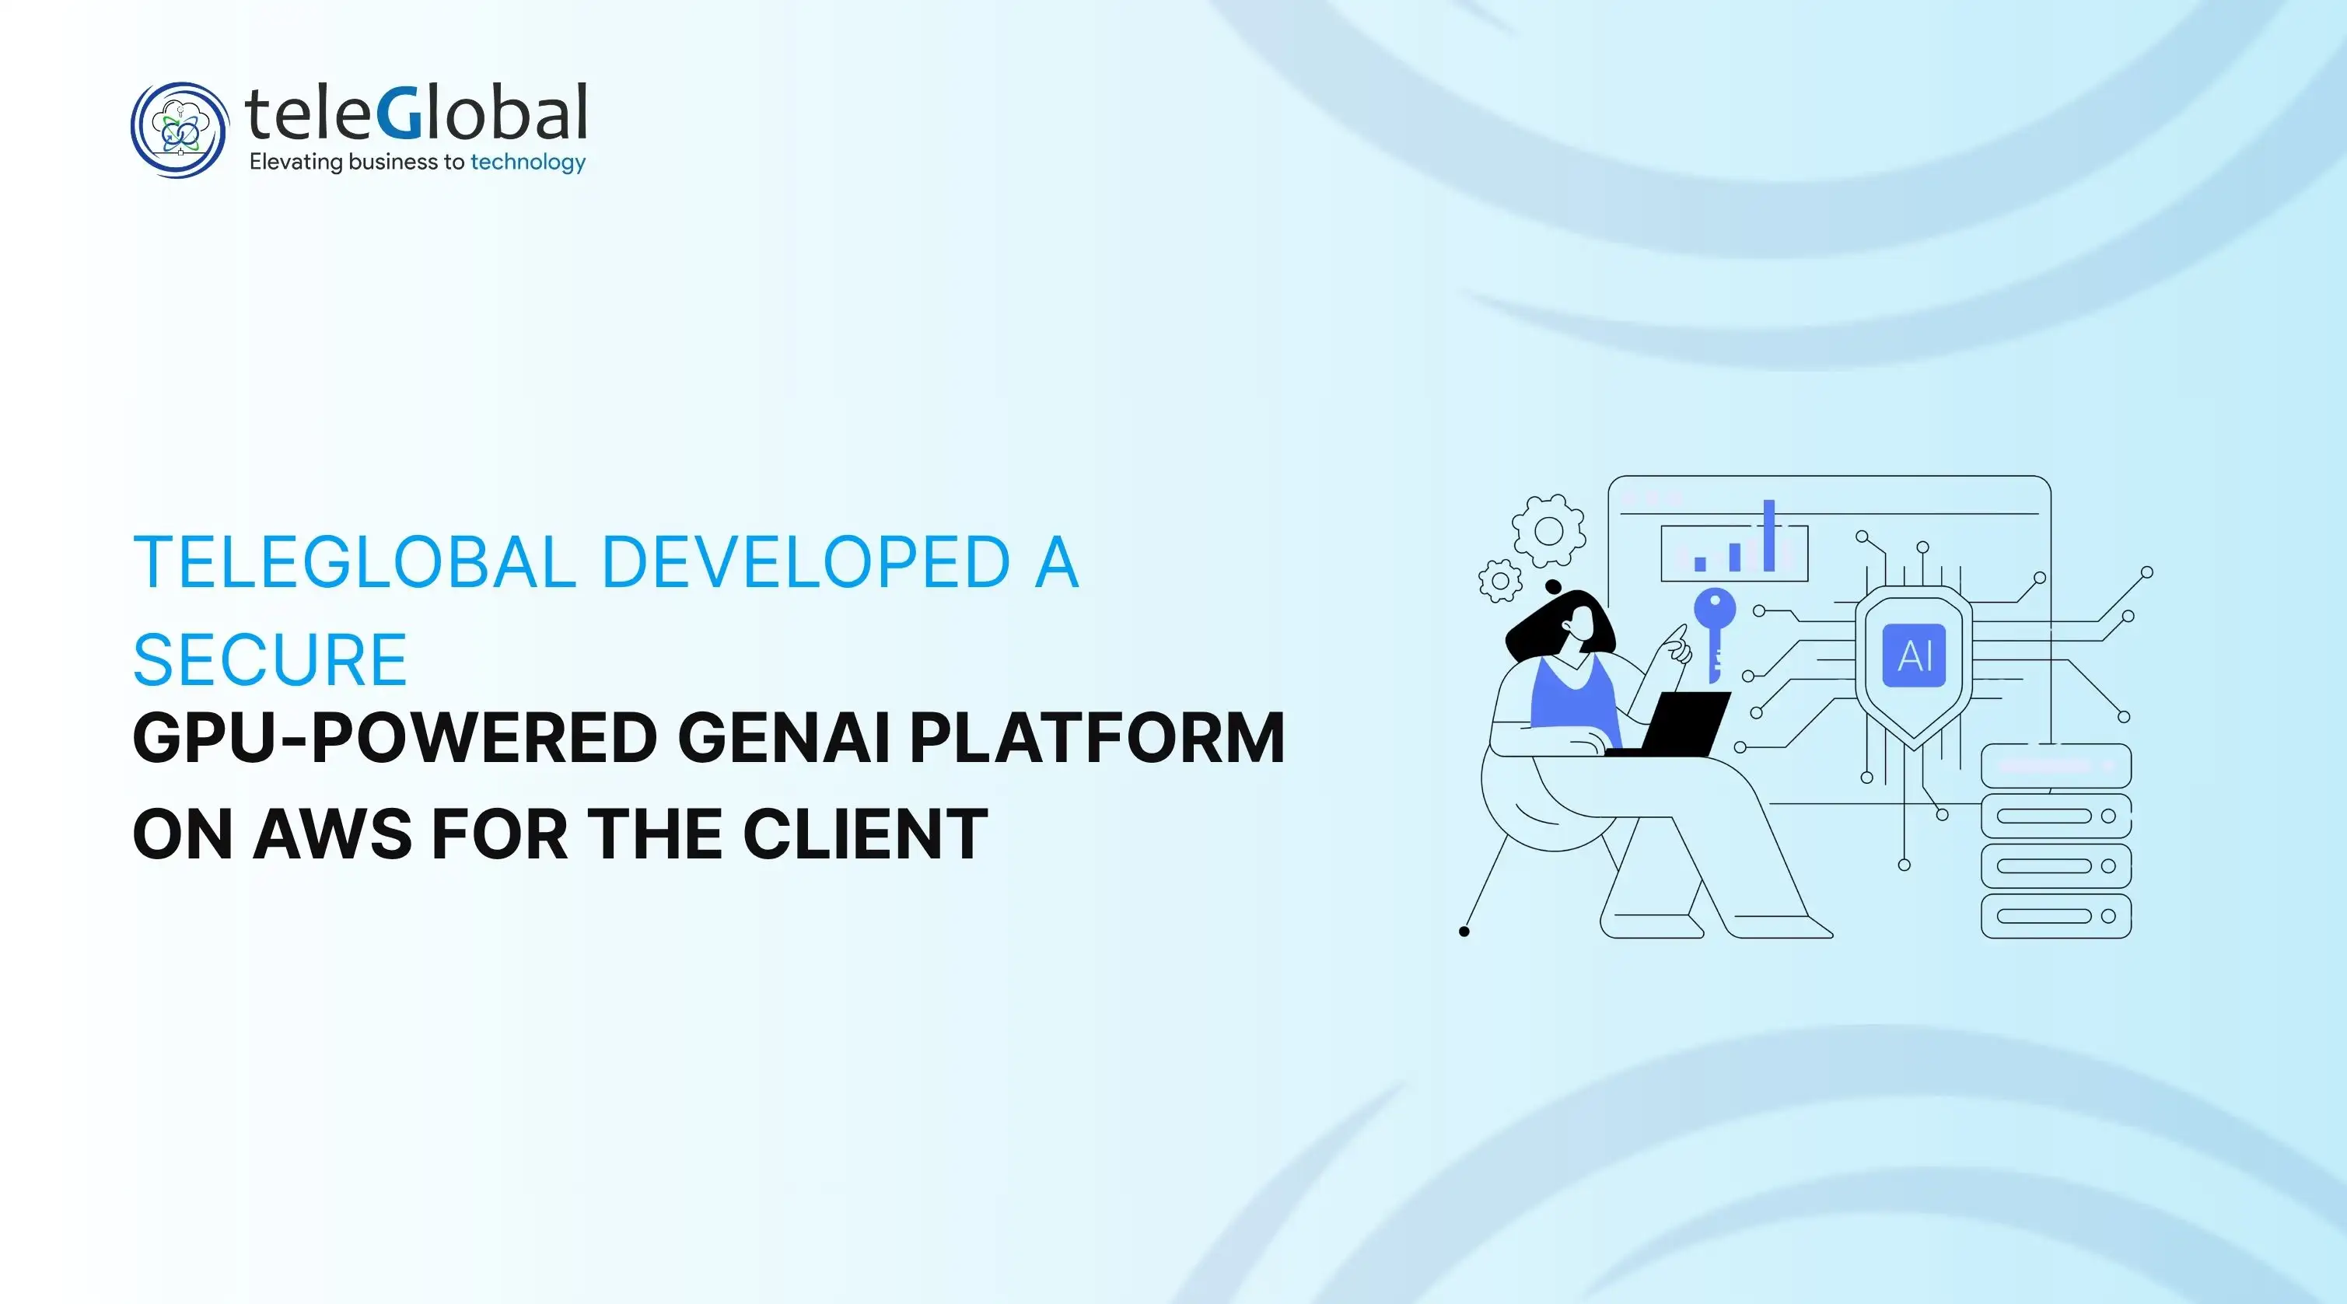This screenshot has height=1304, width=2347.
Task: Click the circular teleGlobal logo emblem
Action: point(179,129)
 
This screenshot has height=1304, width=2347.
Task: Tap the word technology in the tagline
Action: point(527,163)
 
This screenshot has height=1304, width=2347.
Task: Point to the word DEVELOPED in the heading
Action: point(806,562)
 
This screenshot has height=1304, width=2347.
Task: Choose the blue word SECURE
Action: point(270,659)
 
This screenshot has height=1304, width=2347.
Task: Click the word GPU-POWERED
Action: point(394,737)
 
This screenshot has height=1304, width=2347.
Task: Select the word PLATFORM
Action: point(1096,737)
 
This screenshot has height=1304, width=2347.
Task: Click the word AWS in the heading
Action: point(333,834)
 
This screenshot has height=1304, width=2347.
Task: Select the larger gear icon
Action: point(1548,530)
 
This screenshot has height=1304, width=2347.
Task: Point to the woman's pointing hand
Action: point(1674,645)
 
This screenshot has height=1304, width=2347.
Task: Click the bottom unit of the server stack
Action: point(2055,916)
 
